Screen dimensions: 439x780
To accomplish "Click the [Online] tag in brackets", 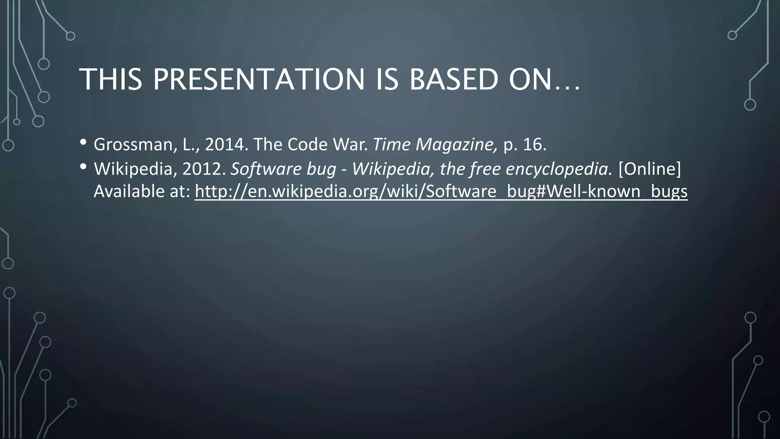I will (x=649, y=169).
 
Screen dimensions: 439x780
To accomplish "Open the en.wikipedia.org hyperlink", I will (x=441, y=191).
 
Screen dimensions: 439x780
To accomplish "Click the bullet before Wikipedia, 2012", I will (x=83, y=167).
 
